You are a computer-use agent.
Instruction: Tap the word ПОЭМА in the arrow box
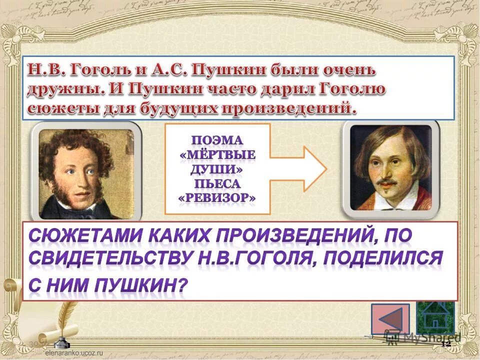[x=217, y=139]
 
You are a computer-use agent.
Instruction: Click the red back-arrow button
[x=390, y=319]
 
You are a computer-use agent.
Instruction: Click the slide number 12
[x=446, y=344]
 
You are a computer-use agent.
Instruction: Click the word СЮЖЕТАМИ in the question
[x=70, y=234]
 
